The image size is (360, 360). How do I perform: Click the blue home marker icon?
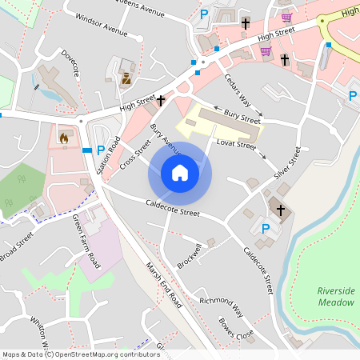pyautogui.click(x=180, y=173)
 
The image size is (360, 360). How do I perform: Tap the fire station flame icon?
pyautogui.click(x=64, y=138)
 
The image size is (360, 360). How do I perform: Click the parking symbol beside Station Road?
pyautogui.click(x=100, y=150)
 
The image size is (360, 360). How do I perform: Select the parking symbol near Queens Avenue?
pyautogui.click(x=204, y=14)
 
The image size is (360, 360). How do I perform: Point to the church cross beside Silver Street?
pyautogui.click(x=281, y=210)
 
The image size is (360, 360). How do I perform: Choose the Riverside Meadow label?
pyautogui.click(x=335, y=297)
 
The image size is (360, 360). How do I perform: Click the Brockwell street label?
pyautogui.click(x=189, y=254)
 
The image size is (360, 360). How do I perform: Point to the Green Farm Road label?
pyautogui.click(x=86, y=242)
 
